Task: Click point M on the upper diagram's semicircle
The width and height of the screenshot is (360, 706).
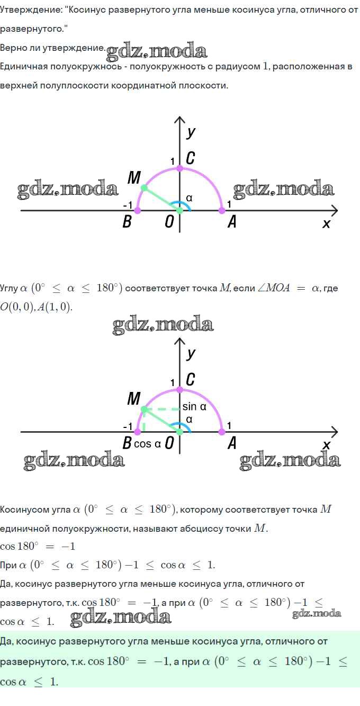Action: coord(144,188)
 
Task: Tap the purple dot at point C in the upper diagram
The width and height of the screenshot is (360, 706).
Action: coord(179,168)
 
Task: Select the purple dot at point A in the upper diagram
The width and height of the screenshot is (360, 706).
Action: coord(222,210)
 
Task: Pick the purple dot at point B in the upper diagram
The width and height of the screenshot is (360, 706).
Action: coord(137,210)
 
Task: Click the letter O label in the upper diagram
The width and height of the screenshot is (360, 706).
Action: coord(169,221)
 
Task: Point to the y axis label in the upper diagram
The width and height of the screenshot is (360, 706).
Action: coord(191,133)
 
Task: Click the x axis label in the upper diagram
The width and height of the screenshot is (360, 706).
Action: coord(326,224)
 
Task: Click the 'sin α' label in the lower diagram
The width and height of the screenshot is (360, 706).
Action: coord(194,407)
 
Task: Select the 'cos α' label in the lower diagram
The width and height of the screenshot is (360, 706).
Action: coord(147,444)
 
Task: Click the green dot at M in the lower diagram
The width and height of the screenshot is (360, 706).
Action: coord(144,410)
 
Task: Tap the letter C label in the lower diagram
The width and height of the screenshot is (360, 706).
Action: coord(190,379)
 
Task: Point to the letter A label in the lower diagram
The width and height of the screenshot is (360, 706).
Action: coord(232,443)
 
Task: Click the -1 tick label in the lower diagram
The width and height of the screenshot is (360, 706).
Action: coord(128,426)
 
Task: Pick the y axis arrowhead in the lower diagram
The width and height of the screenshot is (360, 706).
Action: coord(179,341)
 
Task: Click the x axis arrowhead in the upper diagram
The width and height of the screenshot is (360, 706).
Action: coord(335,210)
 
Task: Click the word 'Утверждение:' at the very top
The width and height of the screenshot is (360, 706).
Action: coord(31,10)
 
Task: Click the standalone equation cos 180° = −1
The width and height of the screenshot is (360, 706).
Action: coord(38,546)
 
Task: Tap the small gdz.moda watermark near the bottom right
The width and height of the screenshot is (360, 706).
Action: coord(317,613)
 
